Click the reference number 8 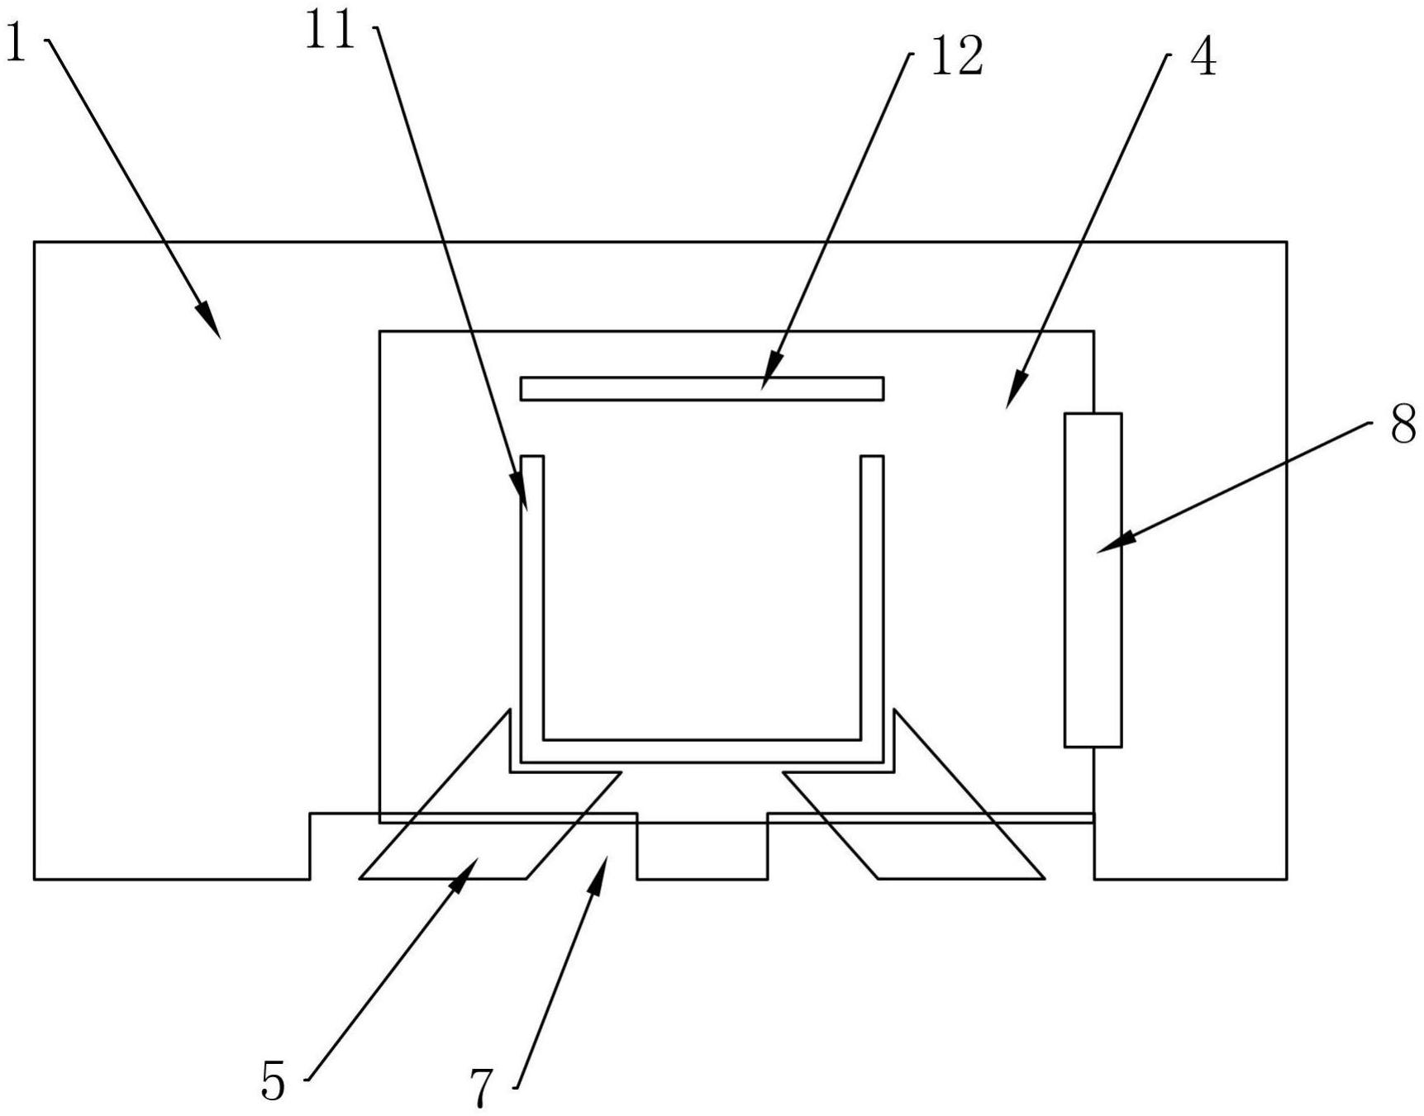[1403, 426]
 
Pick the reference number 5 [273, 1080]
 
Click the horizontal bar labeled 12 [702, 388]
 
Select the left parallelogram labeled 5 [463, 843]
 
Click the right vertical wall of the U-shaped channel [872, 603]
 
